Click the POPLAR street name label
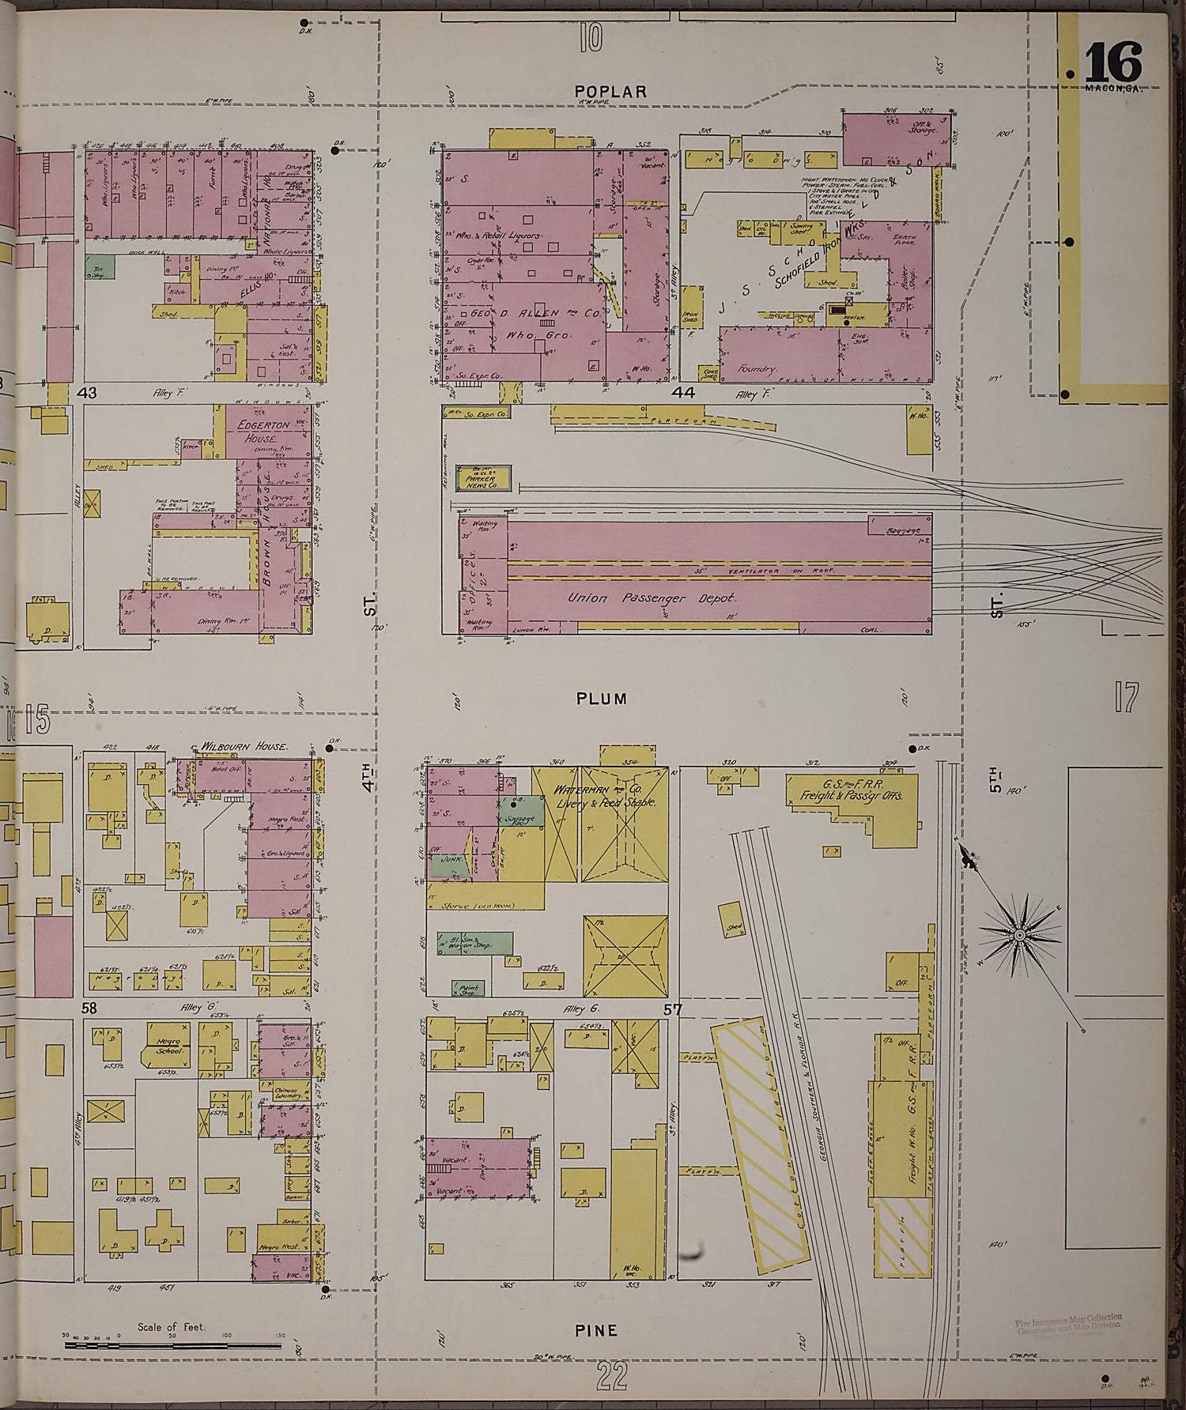tap(611, 92)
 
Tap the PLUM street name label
tap(602, 699)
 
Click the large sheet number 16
tap(1113, 62)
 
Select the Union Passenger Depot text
tap(652, 598)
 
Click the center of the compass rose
tap(1020, 935)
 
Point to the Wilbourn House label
tap(243, 746)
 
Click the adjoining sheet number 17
tap(1125, 698)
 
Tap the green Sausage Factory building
tap(523, 814)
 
